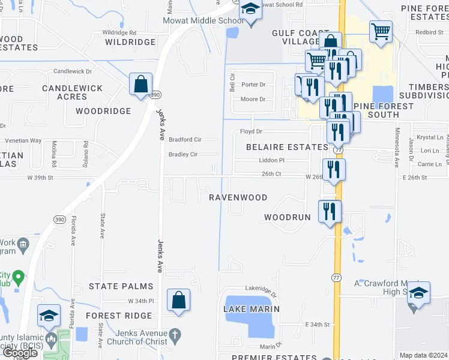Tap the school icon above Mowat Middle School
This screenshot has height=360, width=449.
click(x=250, y=10)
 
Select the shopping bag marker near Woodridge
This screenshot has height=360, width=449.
click(x=140, y=85)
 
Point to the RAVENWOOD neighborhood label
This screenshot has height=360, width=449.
click(x=238, y=197)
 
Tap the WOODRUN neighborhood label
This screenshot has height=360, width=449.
click(x=288, y=217)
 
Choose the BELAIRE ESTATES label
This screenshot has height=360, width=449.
click(x=288, y=146)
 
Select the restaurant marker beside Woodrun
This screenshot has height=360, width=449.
click(x=330, y=211)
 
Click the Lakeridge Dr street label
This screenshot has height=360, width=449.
click(x=261, y=292)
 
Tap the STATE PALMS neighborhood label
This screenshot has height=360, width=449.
click(x=119, y=286)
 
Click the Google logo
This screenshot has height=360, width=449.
click(x=20, y=353)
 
